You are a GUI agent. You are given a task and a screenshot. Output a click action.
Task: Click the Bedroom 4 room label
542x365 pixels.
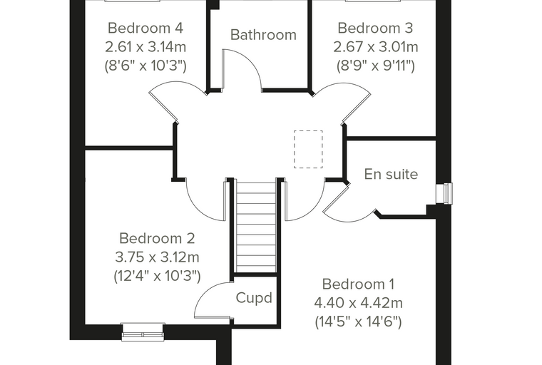(x=145, y=28)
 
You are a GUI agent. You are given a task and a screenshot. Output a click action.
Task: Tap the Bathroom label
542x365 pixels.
(x=263, y=35)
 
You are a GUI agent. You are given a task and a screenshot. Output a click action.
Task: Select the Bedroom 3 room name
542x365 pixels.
(x=375, y=28)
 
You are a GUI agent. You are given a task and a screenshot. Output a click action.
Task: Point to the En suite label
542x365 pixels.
(x=391, y=174)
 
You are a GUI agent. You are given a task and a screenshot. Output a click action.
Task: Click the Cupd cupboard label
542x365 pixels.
(x=254, y=298)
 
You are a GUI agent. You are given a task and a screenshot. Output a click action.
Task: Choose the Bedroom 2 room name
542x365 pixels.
(x=157, y=239)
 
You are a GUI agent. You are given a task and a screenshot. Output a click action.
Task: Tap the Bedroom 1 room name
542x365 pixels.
(x=358, y=284)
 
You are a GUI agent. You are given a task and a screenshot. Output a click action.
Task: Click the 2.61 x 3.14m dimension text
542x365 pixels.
(x=145, y=46)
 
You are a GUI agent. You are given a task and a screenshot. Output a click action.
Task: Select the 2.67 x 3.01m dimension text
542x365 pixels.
(x=376, y=46)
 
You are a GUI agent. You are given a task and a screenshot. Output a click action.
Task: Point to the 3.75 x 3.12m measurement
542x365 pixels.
(x=157, y=257)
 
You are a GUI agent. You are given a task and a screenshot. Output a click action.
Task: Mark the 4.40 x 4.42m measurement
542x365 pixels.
(x=359, y=303)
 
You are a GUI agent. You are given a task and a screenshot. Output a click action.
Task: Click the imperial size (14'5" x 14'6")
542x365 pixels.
(x=359, y=322)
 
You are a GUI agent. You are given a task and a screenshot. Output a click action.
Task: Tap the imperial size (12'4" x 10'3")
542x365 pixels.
(x=158, y=276)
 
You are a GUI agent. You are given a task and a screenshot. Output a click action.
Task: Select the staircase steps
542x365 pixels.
(x=256, y=226)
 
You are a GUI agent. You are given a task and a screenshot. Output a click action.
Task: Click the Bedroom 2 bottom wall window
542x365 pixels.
(x=143, y=332)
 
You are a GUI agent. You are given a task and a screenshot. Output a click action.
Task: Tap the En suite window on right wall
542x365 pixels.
(x=444, y=193)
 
